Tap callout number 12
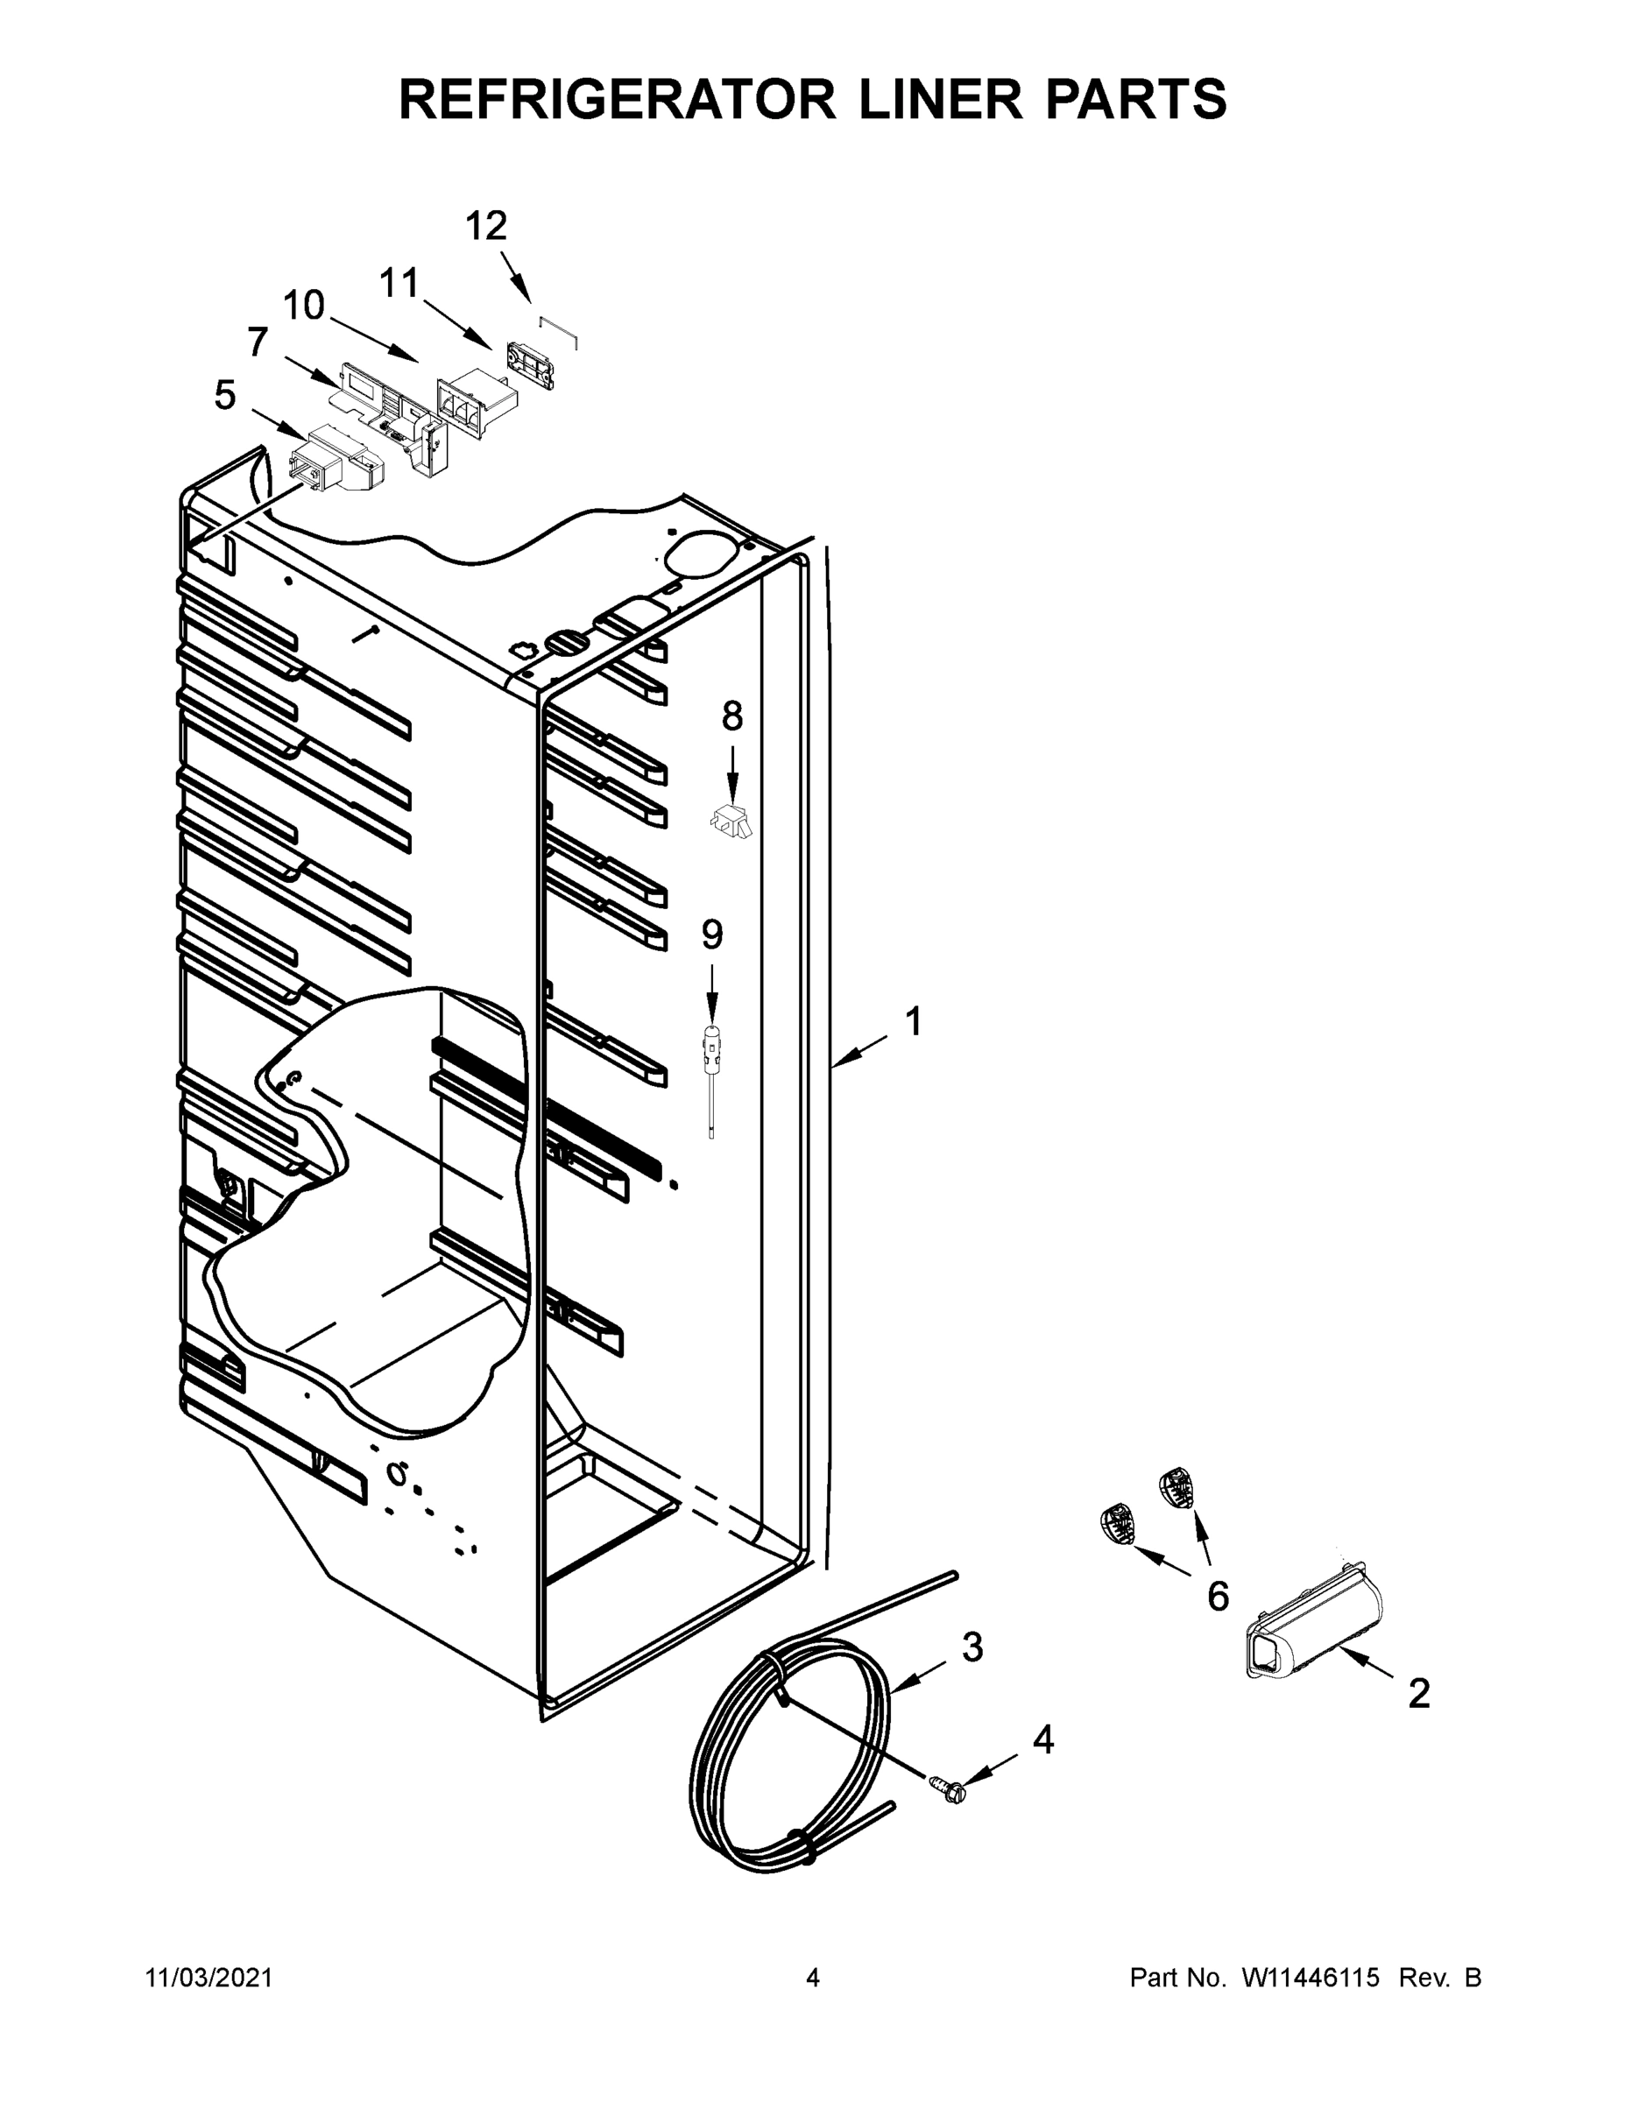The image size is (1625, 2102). (x=486, y=227)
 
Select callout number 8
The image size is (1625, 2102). (x=731, y=716)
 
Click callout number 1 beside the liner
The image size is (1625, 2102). (x=914, y=1022)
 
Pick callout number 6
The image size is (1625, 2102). (x=1218, y=1598)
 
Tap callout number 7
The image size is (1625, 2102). (x=257, y=342)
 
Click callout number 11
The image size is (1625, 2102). (x=399, y=284)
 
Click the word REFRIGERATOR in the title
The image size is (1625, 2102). (x=617, y=99)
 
